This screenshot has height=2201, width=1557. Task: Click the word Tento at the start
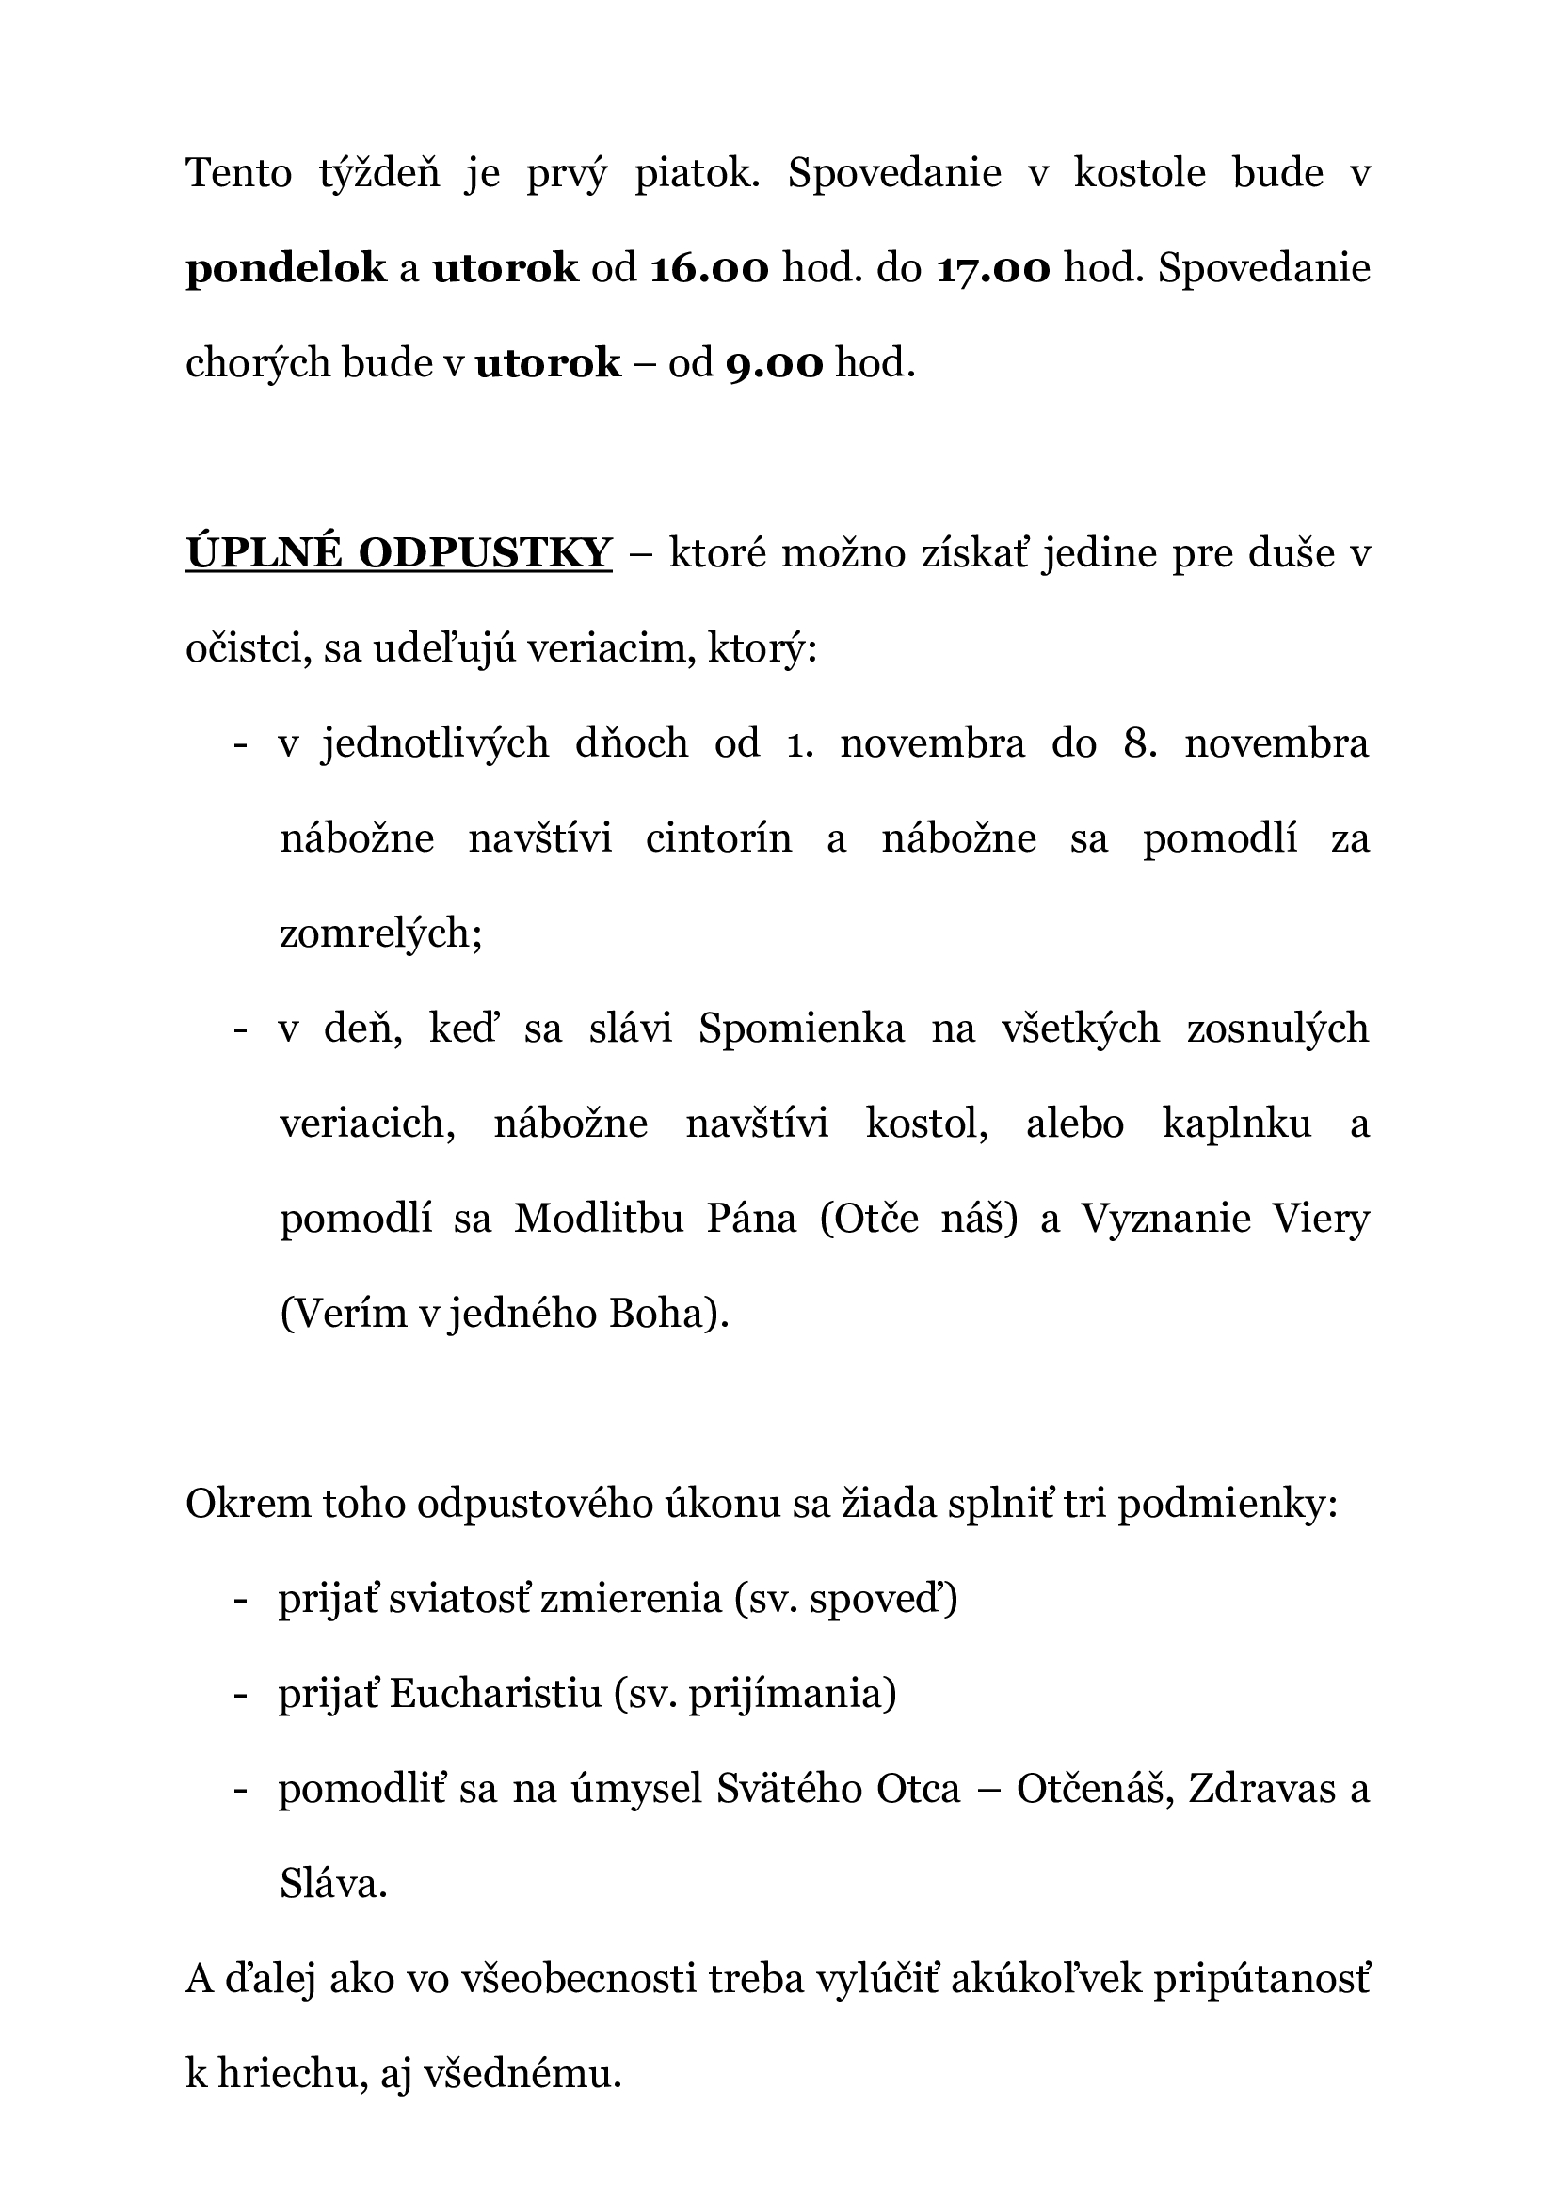coord(238,174)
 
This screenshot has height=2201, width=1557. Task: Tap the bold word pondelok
coord(286,269)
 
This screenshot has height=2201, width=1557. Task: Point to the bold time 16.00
coord(709,269)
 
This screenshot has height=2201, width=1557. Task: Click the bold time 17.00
coord(993,269)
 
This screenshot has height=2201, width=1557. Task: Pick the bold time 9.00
coord(774,364)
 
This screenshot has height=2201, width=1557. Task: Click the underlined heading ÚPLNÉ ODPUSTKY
coord(399,554)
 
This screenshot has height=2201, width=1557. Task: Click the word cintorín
coord(718,838)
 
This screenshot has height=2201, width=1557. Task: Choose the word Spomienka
coord(801,1029)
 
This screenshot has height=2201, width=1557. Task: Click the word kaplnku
coord(1237,1124)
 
